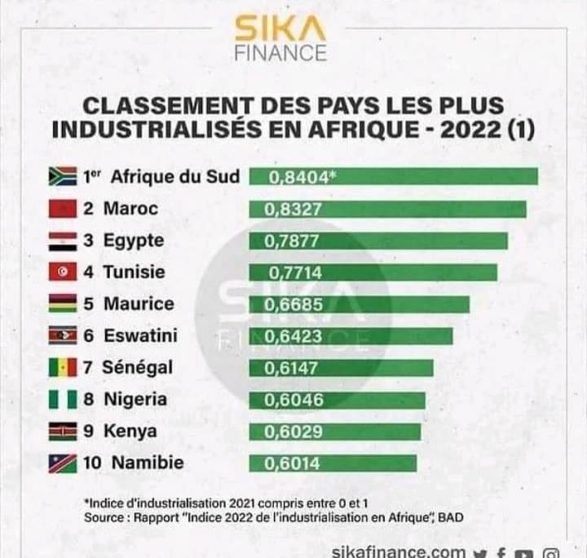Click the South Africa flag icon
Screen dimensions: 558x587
click(x=63, y=176)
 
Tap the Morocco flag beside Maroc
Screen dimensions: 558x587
click(x=63, y=208)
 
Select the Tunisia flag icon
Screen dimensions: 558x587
click(x=63, y=272)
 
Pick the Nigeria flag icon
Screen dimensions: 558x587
click(x=63, y=399)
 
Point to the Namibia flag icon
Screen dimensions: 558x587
click(x=63, y=463)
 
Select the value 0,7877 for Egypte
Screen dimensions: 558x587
click(x=291, y=241)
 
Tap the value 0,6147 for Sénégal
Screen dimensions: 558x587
click(x=291, y=368)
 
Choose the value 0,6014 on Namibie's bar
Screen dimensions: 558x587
click(x=291, y=463)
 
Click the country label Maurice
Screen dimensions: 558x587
click(x=139, y=303)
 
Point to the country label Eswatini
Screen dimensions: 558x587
click(x=140, y=335)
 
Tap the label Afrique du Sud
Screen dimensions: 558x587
click(x=174, y=176)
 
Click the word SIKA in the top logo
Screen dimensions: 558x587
click(x=280, y=29)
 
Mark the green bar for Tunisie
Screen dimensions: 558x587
click(x=373, y=272)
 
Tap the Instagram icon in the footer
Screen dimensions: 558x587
click(x=552, y=552)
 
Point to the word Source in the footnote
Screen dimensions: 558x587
click(x=104, y=518)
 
